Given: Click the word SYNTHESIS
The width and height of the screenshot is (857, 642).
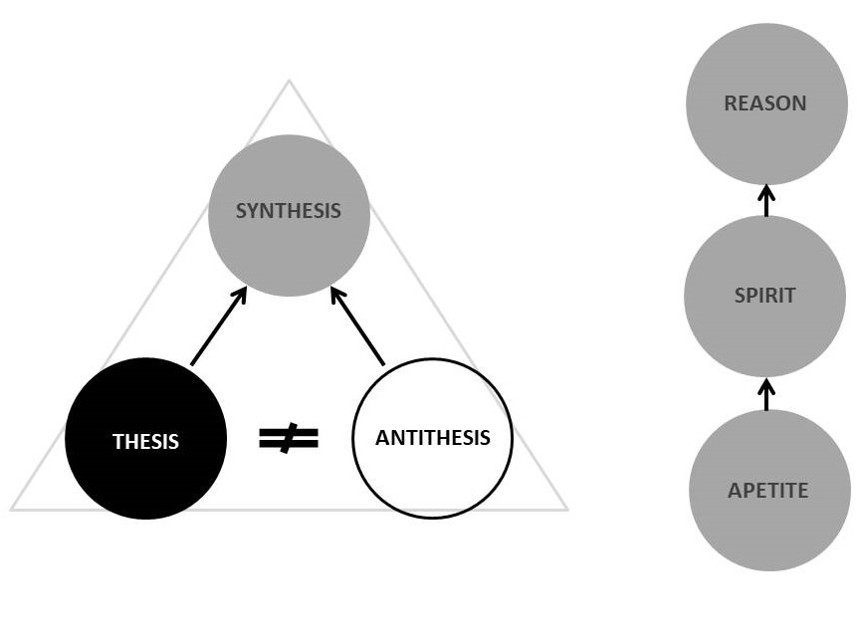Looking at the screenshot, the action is coord(288,211).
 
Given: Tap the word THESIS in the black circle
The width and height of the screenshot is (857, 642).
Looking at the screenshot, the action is coord(145,442).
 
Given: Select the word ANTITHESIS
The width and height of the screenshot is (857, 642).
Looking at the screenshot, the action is coord(432,438).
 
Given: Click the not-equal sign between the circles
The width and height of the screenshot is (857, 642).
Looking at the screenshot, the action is coord(289,438).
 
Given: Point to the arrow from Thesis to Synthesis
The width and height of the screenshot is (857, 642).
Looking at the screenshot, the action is coord(219,326).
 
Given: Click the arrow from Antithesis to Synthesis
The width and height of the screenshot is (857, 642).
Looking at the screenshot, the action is coord(358,326).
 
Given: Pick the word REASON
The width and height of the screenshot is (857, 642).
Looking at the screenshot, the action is coord(765,104).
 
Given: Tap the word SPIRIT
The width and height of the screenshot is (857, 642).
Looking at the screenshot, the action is coord(764,295).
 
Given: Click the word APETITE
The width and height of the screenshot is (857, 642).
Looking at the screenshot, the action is coord(767,490).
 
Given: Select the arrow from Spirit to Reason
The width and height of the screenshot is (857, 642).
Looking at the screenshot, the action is coord(766,200).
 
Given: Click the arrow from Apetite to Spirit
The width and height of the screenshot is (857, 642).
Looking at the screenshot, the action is coord(766,394).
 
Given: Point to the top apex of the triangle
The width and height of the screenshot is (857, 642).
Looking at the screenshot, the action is coord(289,82).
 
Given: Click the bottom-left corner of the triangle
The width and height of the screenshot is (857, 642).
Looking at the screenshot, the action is coord(12,510).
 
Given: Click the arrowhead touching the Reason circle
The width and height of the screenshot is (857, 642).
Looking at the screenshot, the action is coord(766,191).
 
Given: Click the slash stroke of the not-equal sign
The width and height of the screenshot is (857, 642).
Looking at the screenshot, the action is coord(289,438).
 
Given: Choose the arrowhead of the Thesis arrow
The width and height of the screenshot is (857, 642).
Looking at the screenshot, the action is coord(241,295).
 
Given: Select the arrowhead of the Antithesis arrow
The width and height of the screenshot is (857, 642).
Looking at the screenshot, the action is coord(336,295).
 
